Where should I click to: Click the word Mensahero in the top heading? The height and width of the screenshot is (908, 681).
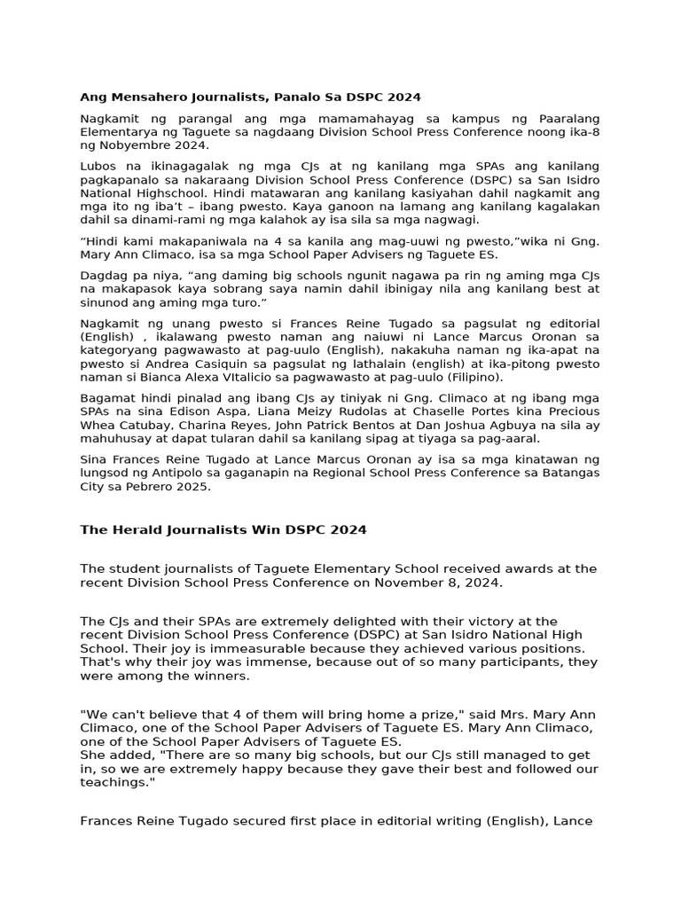coord(144,97)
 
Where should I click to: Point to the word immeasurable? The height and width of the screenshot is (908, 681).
coord(228,648)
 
